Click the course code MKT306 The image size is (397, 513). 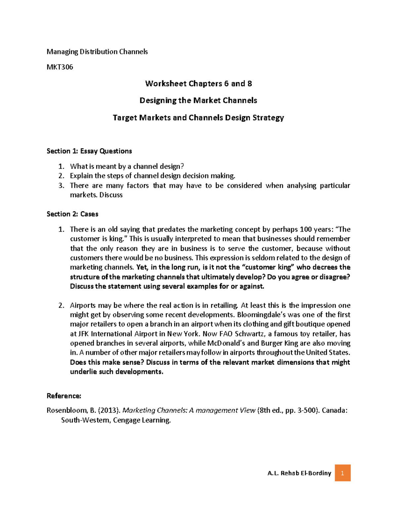click(x=60, y=67)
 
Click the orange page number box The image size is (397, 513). click(x=342, y=473)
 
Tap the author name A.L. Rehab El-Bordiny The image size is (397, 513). click(x=299, y=473)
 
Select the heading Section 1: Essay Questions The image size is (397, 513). click(x=89, y=151)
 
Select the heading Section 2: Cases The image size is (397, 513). click(x=72, y=214)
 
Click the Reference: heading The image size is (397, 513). click(x=64, y=396)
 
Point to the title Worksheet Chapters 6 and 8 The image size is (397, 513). click(x=198, y=84)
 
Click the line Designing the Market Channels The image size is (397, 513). click(x=198, y=100)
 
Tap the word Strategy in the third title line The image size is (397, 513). click(x=268, y=118)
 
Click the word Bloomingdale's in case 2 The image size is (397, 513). click(x=261, y=314)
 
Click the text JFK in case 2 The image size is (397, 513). click(x=84, y=334)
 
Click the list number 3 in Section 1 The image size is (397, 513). click(x=61, y=185)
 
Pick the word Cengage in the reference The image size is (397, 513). click(x=126, y=420)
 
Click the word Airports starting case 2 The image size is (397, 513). click(x=83, y=305)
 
